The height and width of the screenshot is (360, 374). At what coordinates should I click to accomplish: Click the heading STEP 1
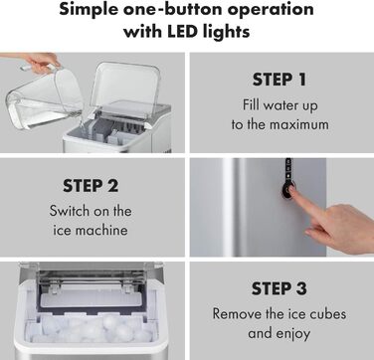pos(280,80)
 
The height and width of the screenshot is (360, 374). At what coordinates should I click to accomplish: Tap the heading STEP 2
pos(91,186)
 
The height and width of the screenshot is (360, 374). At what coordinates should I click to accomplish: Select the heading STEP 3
pos(280,288)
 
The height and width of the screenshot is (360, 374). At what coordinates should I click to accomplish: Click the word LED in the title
pos(184,32)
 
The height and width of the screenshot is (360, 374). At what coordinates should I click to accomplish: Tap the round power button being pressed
pos(287,190)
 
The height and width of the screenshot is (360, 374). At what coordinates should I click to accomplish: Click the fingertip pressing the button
pos(292,190)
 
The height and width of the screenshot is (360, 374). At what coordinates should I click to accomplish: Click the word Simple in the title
pos(89,10)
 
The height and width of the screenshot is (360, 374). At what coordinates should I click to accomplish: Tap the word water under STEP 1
pos(279,105)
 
